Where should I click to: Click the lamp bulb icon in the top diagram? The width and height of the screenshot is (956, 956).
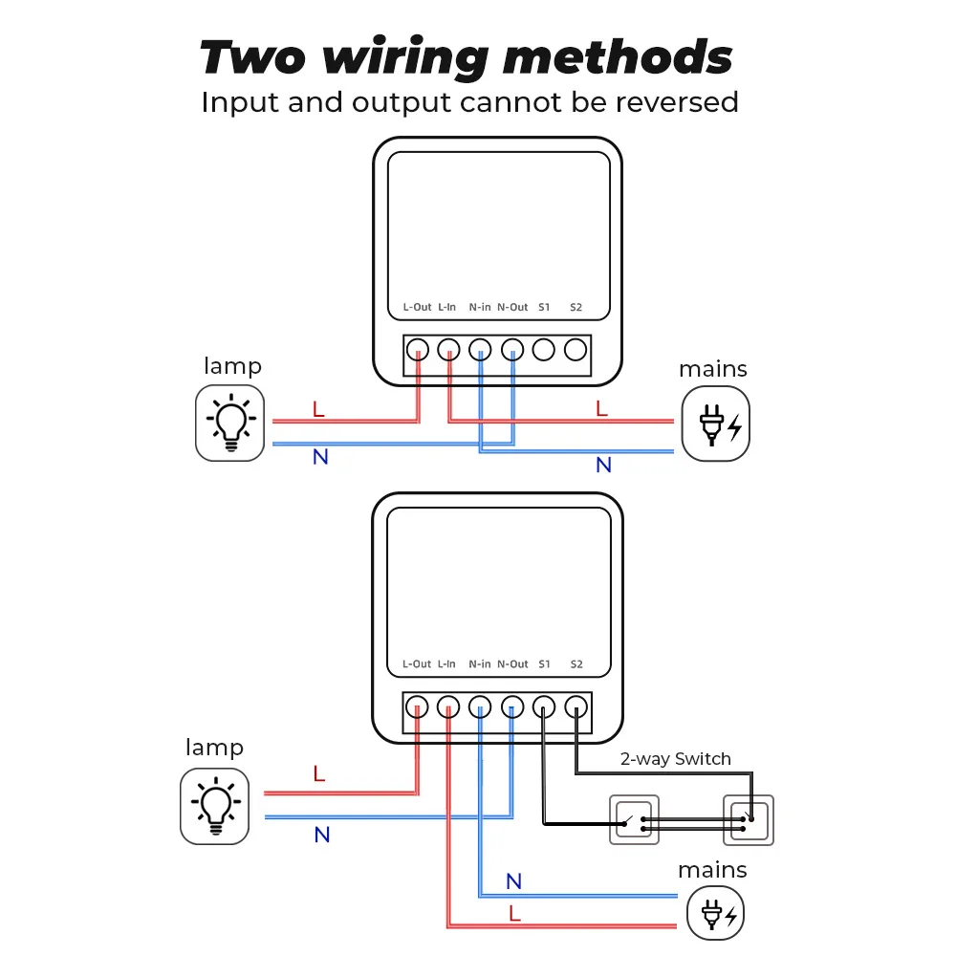coord(229,423)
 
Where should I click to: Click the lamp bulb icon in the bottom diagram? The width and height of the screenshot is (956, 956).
coord(215,806)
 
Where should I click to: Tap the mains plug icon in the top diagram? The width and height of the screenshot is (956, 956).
coord(715,424)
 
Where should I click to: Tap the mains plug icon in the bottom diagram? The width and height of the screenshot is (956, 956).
coord(716,915)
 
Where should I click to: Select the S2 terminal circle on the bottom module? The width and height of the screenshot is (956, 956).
coord(575,707)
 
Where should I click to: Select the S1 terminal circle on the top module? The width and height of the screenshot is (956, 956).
coord(544,350)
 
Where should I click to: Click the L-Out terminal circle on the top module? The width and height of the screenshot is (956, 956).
coord(417,350)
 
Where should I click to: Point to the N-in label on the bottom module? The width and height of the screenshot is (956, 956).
coord(480,663)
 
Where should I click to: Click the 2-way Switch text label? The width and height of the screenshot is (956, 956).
coord(675,759)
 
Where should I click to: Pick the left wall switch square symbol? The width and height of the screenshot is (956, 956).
coord(634,819)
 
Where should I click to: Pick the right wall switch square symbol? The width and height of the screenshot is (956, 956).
coord(749,819)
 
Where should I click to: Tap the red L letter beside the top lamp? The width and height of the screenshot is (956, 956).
coord(319,410)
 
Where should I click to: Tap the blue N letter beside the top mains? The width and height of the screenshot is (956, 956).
coord(603,466)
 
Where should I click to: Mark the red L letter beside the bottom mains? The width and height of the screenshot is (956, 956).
coord(515,914)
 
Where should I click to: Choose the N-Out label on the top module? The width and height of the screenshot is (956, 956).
coord(512,307)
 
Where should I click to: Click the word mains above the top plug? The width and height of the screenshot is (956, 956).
coord(713,369)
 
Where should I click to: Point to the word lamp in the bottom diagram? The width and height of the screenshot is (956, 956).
coord(214,748)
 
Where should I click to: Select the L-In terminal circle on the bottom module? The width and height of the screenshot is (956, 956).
coord(448,707)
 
